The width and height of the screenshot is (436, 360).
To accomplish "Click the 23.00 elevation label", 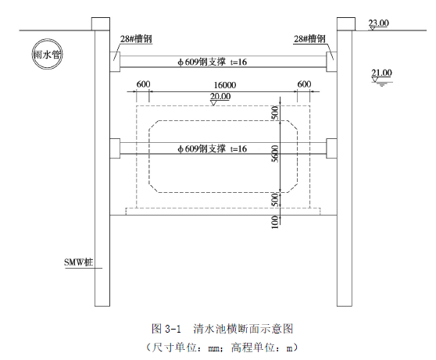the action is [378, 23].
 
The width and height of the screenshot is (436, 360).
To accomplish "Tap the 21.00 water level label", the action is [381, 73].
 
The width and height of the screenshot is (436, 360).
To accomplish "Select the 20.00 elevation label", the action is [220, 96].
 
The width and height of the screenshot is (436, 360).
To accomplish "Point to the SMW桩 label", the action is [79, 262].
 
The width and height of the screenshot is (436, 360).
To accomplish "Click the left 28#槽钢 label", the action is [136, 38].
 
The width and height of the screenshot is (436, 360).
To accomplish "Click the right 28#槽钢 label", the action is [309, 38].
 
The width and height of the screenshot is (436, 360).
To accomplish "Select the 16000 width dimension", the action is [225, 85].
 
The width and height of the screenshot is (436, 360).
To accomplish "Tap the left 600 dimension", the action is [143, 84].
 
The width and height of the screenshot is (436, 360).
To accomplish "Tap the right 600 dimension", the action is [304, 84].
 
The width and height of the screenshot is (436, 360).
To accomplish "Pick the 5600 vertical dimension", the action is [275, 154].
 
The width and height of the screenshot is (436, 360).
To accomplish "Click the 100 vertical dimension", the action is [275, 222].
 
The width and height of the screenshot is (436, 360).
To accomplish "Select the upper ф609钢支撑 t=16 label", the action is [213, 62].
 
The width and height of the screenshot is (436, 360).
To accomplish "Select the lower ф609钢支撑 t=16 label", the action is [213, 148].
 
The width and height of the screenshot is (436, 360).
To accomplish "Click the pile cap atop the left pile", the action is [101, 23].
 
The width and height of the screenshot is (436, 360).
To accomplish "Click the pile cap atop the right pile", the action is [346, 23].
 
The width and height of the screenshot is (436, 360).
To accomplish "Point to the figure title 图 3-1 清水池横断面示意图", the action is [223, 329].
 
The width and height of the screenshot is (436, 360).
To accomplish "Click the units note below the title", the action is [222, 348].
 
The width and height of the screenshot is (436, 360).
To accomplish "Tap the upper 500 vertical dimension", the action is [275, 112].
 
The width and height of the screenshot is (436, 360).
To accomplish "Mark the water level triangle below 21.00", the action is [375, 80].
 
